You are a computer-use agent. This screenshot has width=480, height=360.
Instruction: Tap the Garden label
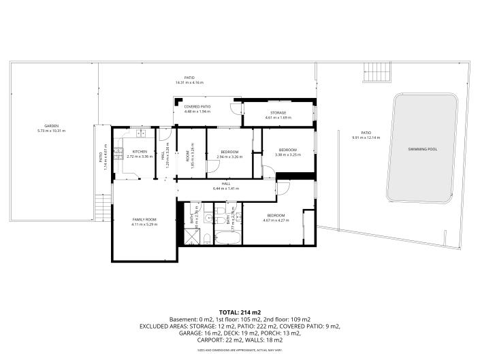click(52, 126)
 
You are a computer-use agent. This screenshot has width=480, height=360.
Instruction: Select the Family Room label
click(144, 219)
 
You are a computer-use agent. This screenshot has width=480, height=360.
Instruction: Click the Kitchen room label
click(140, 151)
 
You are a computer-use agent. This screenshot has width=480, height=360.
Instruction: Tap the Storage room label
click(278, 112)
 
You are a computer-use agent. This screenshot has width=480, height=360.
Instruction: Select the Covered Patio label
click(197, 107)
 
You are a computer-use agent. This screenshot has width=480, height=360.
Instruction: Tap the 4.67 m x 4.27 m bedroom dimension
click(276, 220)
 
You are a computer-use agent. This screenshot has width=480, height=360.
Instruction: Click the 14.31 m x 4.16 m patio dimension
click(189, 82)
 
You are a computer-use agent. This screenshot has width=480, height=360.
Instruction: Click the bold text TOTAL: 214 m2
click(240, 312)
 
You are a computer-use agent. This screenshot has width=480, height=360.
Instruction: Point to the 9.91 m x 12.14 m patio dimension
click(366, 137)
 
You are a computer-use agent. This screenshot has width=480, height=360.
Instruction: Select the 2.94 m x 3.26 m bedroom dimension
click(229, 157)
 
